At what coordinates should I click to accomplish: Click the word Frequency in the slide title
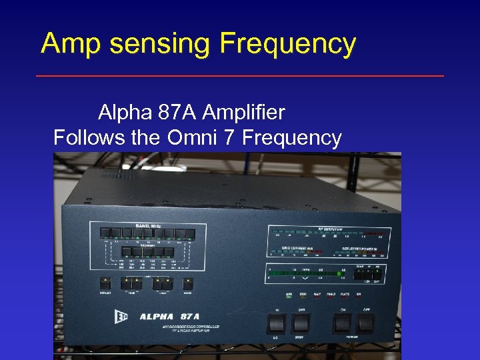[287, 45]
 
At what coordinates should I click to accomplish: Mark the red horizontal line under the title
[239, 76]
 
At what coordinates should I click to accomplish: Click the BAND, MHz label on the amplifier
[147, 227]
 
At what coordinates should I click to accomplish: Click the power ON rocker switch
[341, 324]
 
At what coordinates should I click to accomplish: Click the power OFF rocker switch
[366, 324]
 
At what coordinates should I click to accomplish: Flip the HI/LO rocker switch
[277, 324]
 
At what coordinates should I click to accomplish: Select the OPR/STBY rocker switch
[301, 324]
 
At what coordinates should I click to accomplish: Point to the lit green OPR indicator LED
[289, 297]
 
